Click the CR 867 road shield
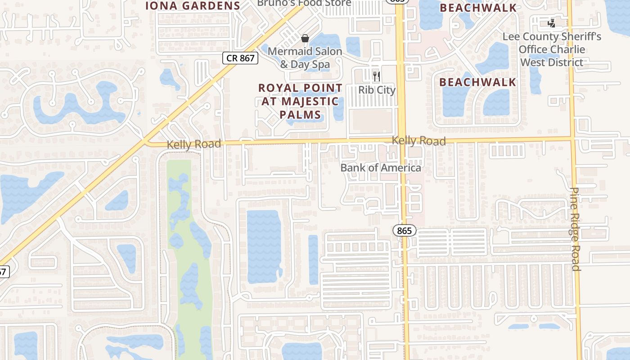[241, 58]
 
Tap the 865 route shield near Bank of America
[405, 231]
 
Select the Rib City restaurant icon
[377, 76]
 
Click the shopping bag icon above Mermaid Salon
[305, 38]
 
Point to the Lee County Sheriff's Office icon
[551, 22]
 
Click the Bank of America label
[381, 168]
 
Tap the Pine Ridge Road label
[575, 229]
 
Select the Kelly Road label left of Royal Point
[194, 144]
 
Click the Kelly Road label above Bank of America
[418, 141]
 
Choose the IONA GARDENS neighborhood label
[192, 6]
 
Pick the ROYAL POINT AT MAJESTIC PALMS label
[300, 101]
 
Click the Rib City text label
[377, 90]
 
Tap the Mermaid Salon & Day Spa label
[305, 58]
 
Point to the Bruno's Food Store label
[304, 3]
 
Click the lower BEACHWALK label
[477, 82]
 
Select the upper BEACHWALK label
[477, 8]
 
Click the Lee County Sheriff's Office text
[552, 49]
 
